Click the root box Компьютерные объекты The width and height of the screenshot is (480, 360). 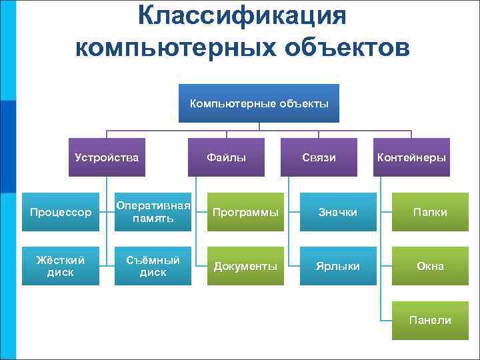click(x=259, y=103)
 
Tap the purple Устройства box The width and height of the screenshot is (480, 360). click(x=107, y=157)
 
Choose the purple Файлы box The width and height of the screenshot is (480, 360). click(x=226, y=157)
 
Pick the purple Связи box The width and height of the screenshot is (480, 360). click(x=319, y=157)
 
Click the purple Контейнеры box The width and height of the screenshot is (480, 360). click(x=411, y=157)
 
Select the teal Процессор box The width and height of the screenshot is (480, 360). click(x=61, y=212)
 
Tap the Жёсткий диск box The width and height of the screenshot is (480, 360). click(x=61, y=266)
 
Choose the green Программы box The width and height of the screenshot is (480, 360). click(x=245, y=212)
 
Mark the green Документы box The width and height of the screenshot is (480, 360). click(x=245, y=266)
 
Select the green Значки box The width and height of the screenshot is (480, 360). click(x=337, y=212)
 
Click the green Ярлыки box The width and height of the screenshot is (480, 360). click(x=337, y=266)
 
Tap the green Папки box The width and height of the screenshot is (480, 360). click(x=430, y=212)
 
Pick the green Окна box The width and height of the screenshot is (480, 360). click(x=430, y=266)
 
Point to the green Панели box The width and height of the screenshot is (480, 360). click(x=430, y=321)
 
